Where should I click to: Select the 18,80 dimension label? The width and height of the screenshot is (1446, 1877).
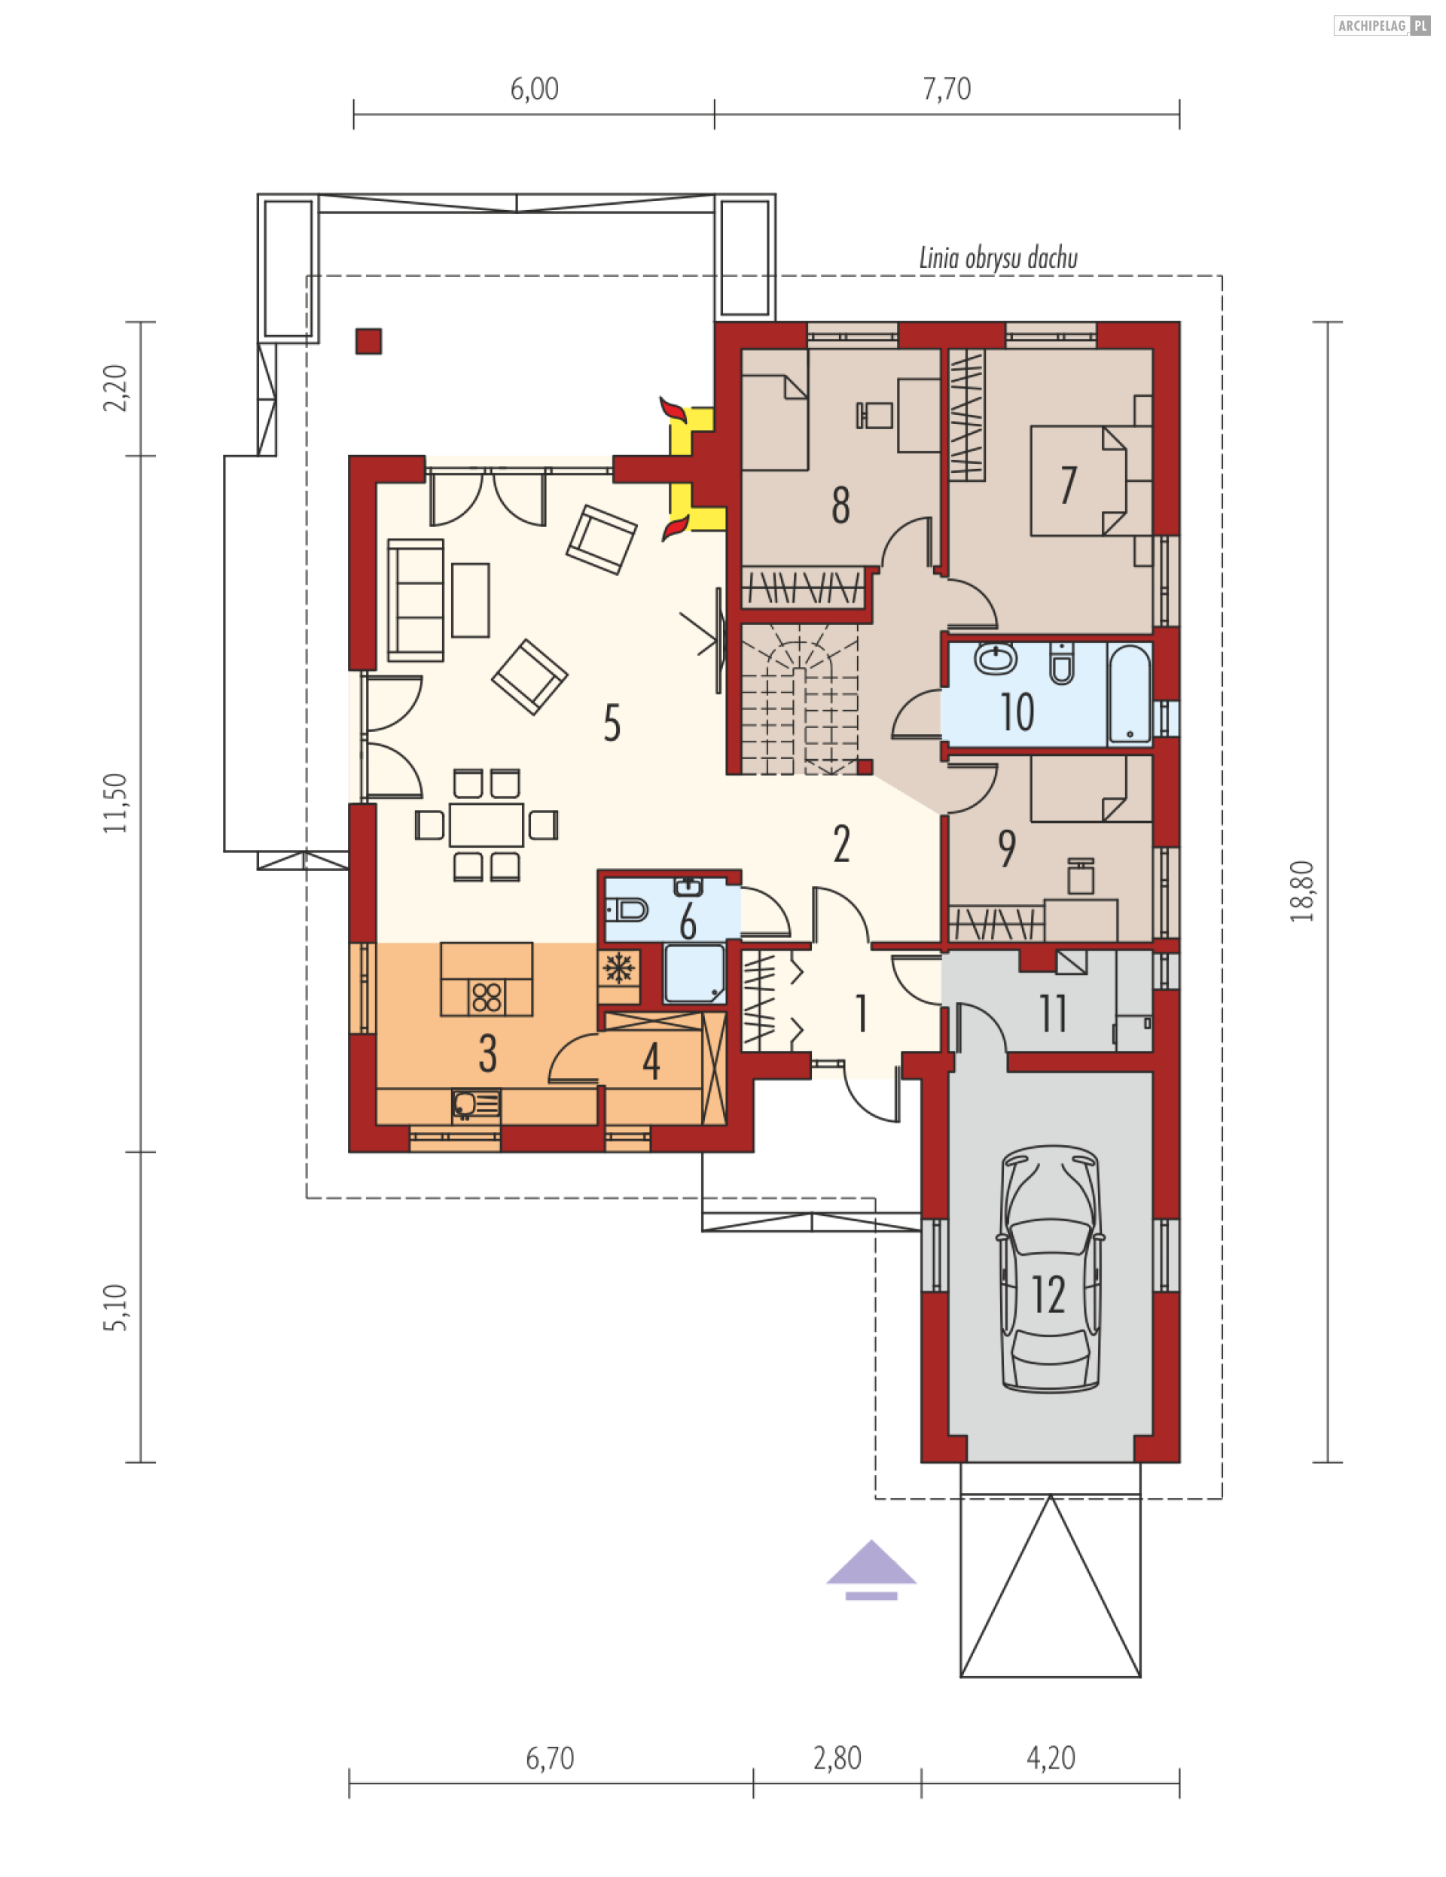[1301, 891]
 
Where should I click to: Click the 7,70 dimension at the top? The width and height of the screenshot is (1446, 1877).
[947, 89]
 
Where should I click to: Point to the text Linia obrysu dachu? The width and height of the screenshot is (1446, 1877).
[998, 257]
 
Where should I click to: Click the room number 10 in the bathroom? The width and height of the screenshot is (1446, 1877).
[1017, 712]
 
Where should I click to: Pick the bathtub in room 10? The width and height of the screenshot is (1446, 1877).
[1130, 693]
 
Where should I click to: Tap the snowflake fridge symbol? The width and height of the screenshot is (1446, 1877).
[618, 968]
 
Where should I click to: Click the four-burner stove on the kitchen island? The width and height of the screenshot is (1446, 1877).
[487, 998]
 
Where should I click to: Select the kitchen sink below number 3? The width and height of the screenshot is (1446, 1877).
[476, 1105]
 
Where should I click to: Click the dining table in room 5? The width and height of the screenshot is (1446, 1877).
[486, 825]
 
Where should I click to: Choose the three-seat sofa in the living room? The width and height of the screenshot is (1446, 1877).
[416, 600]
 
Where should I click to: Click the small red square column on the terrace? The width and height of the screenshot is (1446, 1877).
[369, 341]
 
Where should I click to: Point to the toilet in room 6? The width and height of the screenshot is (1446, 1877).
[627, 910]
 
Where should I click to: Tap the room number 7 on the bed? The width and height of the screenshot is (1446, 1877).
[1069, 486]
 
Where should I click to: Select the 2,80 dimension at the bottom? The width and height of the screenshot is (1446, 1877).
[837, 1758]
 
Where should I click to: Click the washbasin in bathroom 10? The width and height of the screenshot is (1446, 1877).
[996, 660]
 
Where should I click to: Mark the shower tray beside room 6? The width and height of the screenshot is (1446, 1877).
[694, 974]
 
